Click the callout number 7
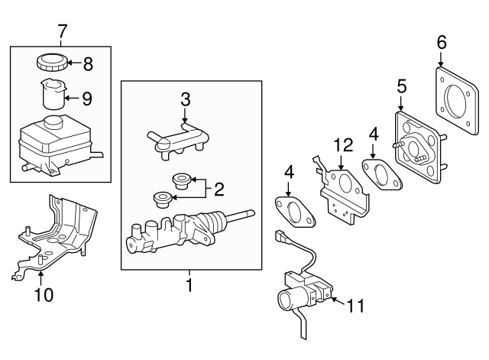(x=62, y=31)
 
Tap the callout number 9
(x=88, y=97)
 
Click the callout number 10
(x=44, y=294)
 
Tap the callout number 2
(x=218, y=188)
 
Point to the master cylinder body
(x=180, y=232)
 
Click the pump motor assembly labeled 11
(x=302, y=294)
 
